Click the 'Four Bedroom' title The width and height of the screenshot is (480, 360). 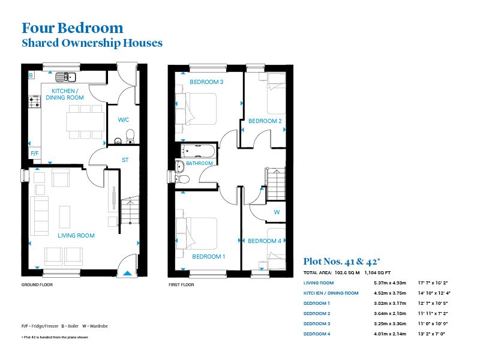pos(72,28)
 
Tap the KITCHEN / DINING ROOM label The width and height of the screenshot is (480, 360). pos(67,94)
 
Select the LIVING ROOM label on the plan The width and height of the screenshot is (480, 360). pos(76,236)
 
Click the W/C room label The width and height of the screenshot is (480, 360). pos(124,120)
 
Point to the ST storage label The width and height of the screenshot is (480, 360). pos(125,160)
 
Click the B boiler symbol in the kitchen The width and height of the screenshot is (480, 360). pos(31,76)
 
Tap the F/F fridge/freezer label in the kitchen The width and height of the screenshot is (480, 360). pos(34,154)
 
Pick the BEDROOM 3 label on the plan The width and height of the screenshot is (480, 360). pos(206,82)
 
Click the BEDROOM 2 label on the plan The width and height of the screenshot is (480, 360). pos(265,121)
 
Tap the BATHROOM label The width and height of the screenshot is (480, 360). pos(199,163)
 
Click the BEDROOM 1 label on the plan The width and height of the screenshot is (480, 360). pos(208,257)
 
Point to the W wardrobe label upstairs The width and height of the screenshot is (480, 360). pos(277,212)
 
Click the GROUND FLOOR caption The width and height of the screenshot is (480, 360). pos(37,285)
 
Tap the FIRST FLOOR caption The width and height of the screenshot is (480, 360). pos(181,285)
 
